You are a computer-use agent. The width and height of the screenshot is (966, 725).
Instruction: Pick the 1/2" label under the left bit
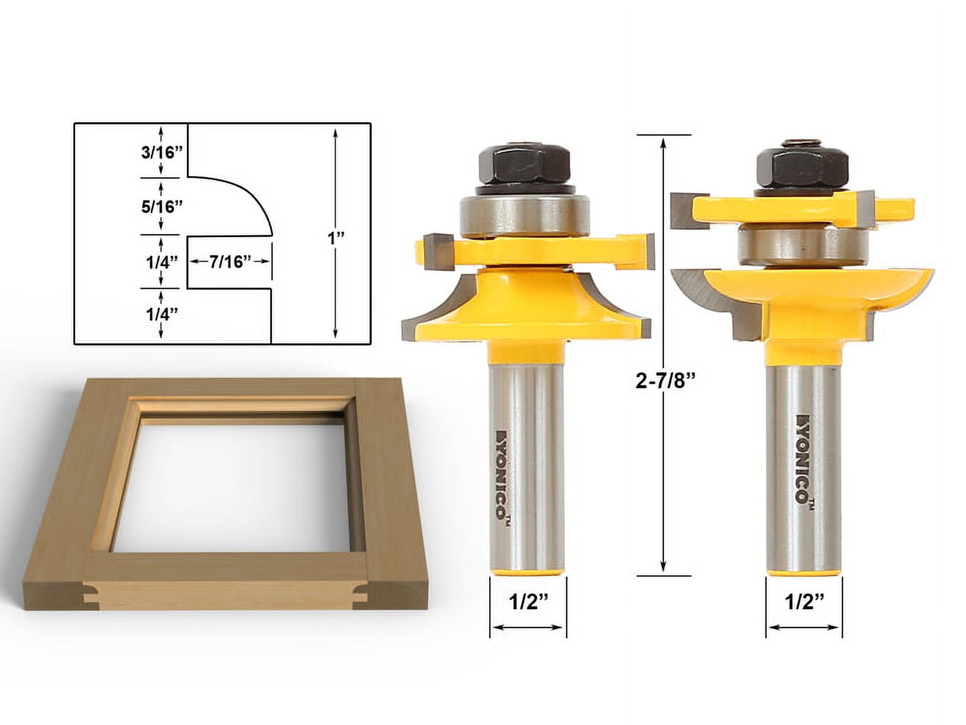click(528, 604)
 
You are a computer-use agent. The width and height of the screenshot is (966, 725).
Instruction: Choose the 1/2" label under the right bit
click(805, 604)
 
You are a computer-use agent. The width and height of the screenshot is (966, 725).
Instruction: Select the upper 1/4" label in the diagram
click(162, 262)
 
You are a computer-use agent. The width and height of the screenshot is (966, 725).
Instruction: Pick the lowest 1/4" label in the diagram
click(162, 314)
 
